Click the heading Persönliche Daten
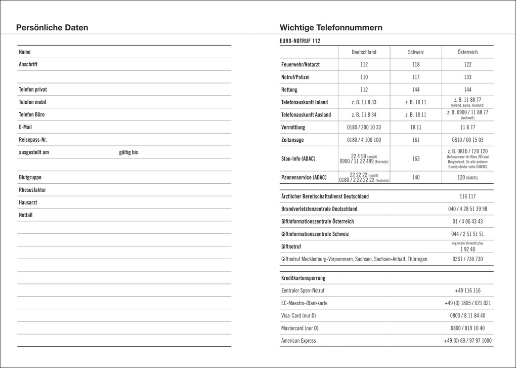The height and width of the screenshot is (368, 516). coord(52,28)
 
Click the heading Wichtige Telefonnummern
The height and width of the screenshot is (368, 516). coord(331,28)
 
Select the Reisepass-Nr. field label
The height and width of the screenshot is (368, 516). coord(33,140)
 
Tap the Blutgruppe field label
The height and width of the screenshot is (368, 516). coord(30,178)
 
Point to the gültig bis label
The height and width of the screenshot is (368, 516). coord(128,152)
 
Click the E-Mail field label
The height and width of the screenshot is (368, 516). coord(25,127)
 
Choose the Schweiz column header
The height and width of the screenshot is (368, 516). coord(416,52)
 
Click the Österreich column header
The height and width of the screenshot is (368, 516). coord(467,52)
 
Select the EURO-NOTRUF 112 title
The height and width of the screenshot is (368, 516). coord(300,41)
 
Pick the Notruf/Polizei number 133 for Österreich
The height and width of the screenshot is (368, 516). coord(467,77)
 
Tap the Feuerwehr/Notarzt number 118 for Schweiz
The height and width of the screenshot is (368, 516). coord(416,65)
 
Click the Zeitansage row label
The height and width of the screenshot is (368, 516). coord(292,140)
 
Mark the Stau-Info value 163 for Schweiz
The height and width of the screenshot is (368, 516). coord(416,159)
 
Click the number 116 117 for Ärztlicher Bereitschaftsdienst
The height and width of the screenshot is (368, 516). coord(467,196)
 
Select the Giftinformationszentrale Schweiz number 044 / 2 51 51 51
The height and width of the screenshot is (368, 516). coord(467,234)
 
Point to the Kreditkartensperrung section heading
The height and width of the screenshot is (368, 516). coord(303,278)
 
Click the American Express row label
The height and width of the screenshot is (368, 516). coord(298,341)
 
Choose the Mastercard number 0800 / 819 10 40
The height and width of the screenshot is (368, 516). coord(467,328)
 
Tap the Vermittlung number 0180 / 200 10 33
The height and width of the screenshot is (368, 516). coord(364,127)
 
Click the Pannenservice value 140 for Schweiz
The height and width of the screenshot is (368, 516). coord(416,178)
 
